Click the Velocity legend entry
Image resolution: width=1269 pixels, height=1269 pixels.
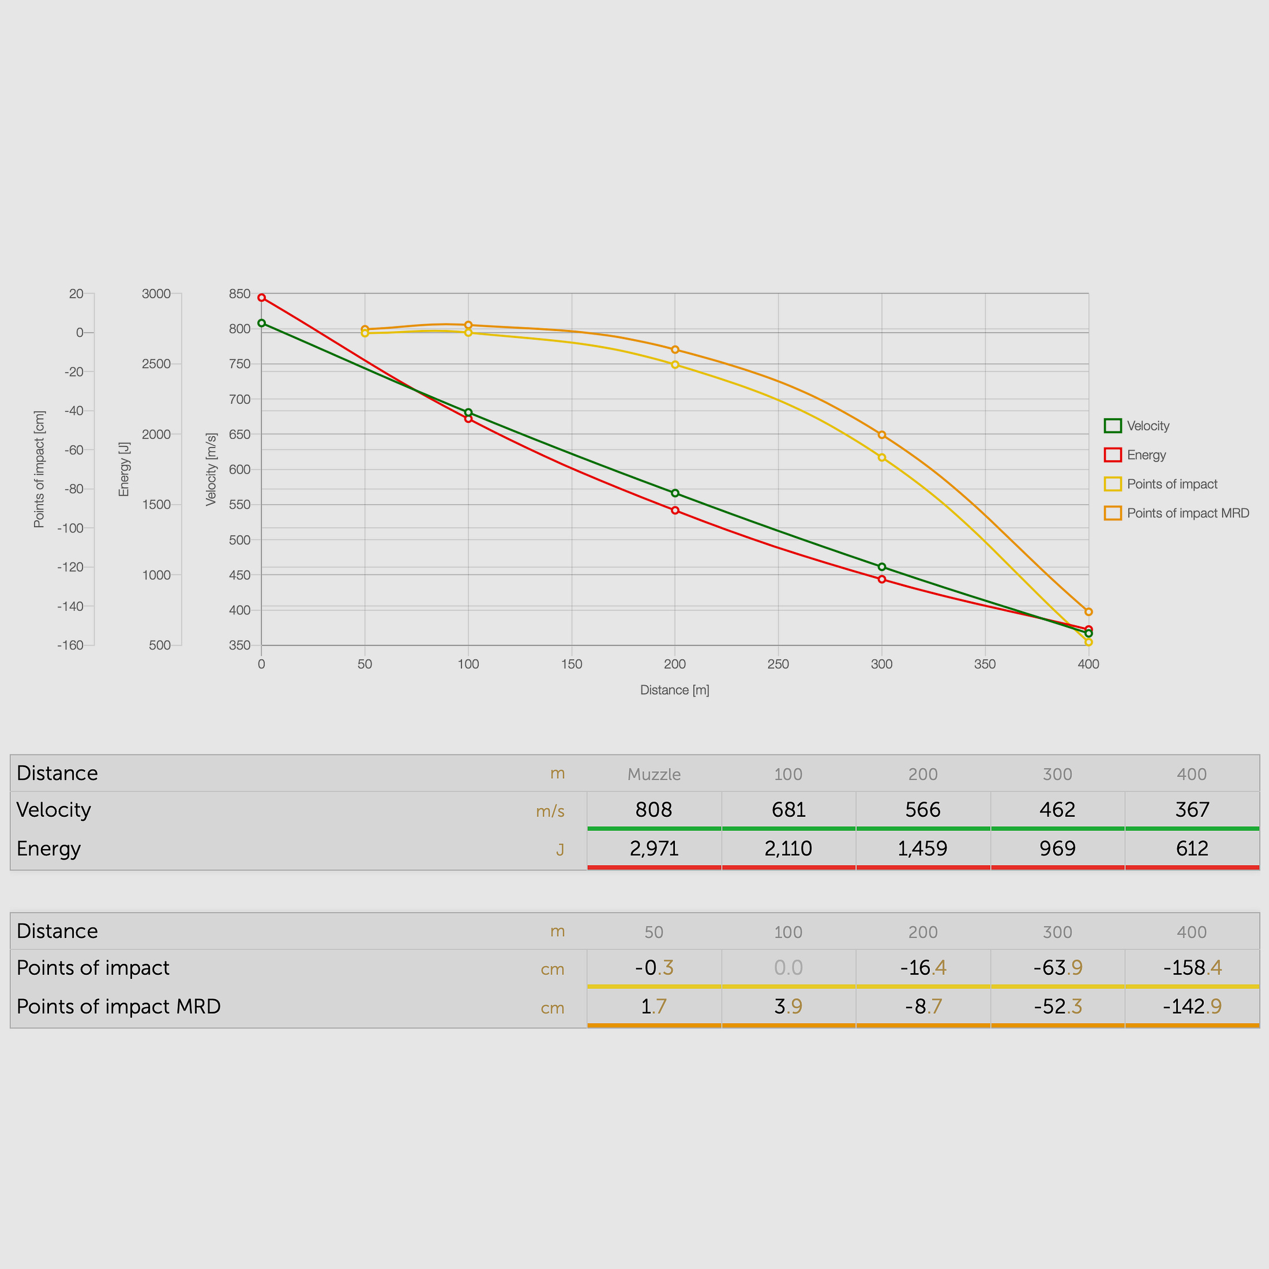pyautogui.click(x=1137, y=426)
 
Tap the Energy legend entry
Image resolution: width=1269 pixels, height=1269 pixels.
pyautogui.click(x=1135, y=455)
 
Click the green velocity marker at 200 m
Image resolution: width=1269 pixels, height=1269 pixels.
pyautogui.click(x=674, y=493)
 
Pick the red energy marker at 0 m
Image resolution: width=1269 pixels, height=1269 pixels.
pyautogui.click(x=261, y=298)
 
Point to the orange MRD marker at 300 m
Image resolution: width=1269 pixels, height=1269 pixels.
pyautogui.click(x=881, y=435)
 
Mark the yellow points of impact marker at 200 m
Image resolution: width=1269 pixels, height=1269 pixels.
pyautogui.click(x=674, y=365)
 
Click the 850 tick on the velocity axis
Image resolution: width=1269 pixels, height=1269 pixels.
pyautogui.click(x=240, y=294)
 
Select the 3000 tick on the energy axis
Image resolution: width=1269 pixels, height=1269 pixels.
pyautogui.click(x=156, y=294)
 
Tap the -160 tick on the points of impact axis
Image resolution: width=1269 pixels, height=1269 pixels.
pyautogui.click(x=70, y=645)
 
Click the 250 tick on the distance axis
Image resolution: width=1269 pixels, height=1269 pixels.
pyautogui.click(x=778, y=664)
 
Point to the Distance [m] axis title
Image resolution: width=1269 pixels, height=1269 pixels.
pyautogui.click(x=674, y=690)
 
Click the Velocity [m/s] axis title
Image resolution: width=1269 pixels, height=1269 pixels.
pyautogui.click(x=211, y=469)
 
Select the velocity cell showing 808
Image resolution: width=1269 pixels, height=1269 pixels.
pyautogui.click(x=654, y=809)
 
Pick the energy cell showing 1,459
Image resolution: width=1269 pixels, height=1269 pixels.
pyautogui.click(x=922, y=848)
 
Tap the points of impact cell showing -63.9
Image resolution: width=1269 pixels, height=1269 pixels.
pyautogui.click(x=1057, y=967)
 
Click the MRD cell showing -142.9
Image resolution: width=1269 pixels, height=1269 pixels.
pyautogui.click(x=1192, y=1007)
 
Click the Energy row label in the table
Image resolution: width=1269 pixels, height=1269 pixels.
pyautogui.click(x=48, y=848)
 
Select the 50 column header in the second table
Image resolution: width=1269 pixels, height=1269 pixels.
pyautogui.click(x=654, y=932)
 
